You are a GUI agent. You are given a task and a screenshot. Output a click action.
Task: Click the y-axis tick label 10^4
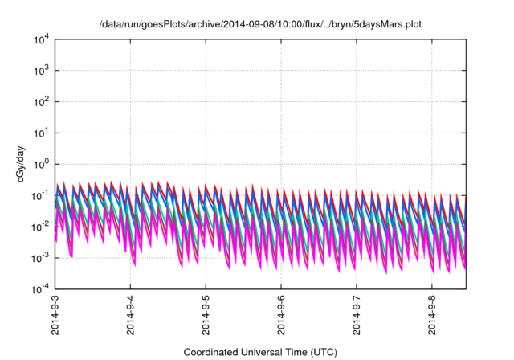tap(40, 39)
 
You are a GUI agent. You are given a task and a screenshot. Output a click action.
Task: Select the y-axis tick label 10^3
tap(40, 71)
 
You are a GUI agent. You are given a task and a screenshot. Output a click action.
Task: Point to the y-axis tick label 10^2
tap(40, 102)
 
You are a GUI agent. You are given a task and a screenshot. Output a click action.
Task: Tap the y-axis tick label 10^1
tap(40, 133)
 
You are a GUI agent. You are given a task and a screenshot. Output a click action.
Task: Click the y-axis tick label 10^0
tap(40, 164)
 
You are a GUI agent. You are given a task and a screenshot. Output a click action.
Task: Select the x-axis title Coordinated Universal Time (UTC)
tap(260, 352)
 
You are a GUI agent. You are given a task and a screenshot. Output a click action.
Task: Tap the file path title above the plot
tap(260, 24)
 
